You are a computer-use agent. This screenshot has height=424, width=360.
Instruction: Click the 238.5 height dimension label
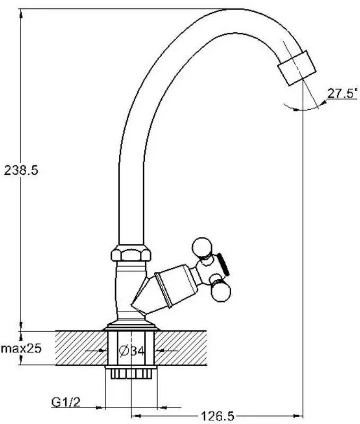(x=21, y=170)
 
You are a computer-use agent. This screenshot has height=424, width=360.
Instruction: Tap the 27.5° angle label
(x=343, y=93)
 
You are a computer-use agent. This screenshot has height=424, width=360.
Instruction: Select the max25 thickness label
(x=21, y=348)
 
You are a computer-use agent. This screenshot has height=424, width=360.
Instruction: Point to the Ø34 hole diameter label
(x=132, y=351)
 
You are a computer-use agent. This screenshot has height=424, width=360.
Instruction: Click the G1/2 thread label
(x=66, y=402)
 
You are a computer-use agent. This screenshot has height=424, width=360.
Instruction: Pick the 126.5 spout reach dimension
(x=218, y=416)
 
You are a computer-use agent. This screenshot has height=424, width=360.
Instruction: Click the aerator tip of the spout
(x=297, y=68)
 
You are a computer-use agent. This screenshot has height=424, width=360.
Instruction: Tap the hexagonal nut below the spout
(x=131, y=253)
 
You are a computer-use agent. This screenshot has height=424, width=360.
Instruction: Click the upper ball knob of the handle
(x=202, y=246)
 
